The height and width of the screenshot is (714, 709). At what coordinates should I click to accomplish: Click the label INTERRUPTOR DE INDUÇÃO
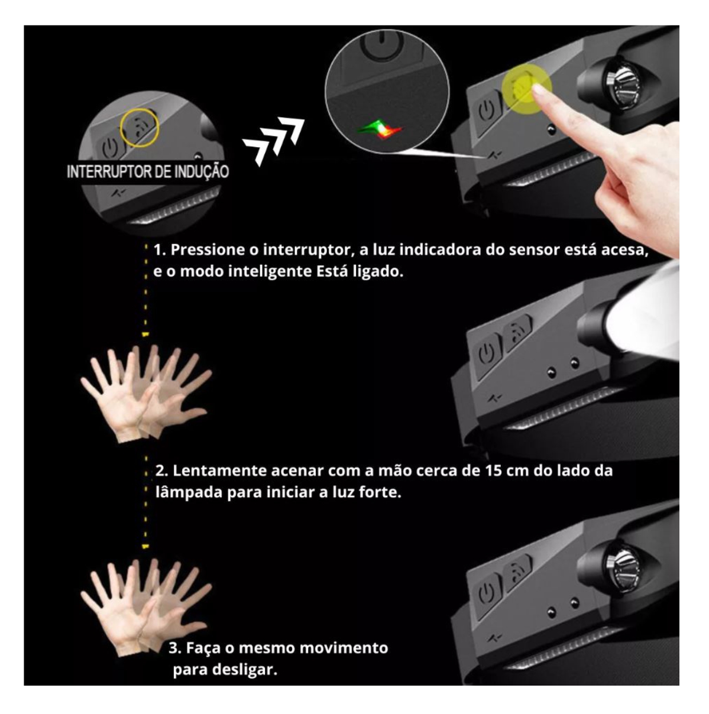pyautogui.click(x=147, y=172)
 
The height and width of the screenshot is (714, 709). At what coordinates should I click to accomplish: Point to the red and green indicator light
pyautogui.click(x=380, y=129)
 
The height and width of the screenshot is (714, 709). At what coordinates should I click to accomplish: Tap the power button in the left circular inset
pyautogui.click(x=110, y=145)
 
